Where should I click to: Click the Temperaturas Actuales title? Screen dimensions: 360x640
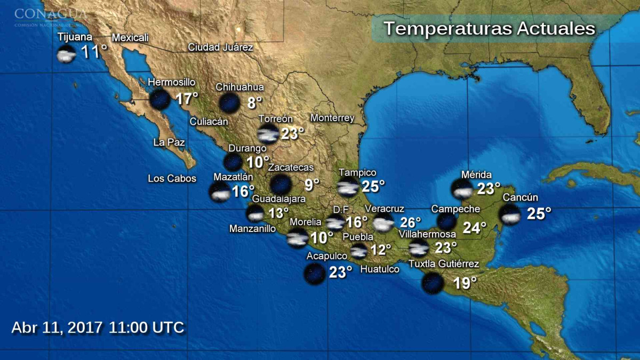[x=489, y=28]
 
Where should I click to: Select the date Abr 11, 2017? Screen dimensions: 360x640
[x=57, y=327]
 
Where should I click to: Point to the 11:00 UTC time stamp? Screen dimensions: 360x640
[x=147, y=327]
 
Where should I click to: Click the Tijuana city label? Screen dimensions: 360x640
[x=75, y=37]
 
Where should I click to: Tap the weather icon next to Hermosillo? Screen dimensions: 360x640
[x=159, y=99]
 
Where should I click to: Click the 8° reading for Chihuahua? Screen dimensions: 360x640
[x=254, y=103]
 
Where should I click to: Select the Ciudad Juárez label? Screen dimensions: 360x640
[x=220, y=47]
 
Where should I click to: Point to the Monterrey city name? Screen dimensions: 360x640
[x=332, y=118]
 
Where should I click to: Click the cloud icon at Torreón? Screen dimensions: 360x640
[x=268, y=134]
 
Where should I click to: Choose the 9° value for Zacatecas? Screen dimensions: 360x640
[x=311, y=185]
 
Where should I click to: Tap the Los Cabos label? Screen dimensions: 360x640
[x=172, y=179]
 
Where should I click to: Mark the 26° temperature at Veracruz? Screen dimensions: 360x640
[x=410, y=222]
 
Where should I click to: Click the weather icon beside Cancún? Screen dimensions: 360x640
[x=510, y=214]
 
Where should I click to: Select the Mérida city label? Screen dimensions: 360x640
[x=476, y=175]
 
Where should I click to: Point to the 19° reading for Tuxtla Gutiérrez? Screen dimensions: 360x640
[x=465, y=283]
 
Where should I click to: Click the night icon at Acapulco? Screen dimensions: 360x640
[x=314, y=274]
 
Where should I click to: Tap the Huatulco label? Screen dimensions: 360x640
[x=380, y=269]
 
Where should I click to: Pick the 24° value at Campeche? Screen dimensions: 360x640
[x=474, y=228]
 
